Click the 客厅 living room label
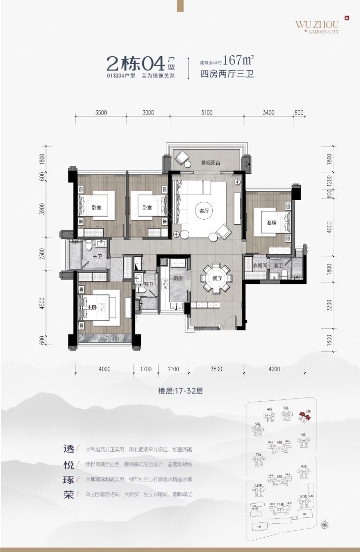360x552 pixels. click(204, 209)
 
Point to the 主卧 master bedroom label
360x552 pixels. click(92, 308)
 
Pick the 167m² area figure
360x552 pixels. click(239, 61)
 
